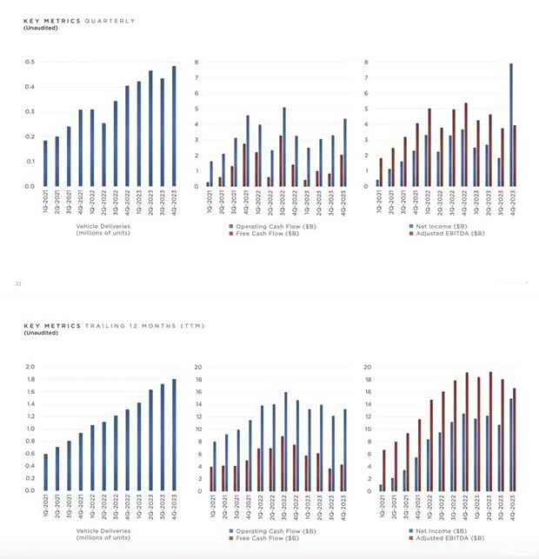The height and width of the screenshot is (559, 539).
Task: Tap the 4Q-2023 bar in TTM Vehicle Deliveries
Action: (x=173, y=435)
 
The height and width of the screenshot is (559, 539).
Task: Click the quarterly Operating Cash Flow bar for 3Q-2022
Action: (x=283, y=147)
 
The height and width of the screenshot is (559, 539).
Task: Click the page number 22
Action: (x=17, y=283)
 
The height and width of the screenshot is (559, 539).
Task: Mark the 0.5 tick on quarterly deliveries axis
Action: (x=30, y=62)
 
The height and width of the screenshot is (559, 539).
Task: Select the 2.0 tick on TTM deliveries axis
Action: (x=30, y=367)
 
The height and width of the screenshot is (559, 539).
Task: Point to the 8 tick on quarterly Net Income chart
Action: (x=368, y=62)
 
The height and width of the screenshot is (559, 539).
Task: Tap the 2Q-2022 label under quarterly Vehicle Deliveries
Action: (x=104, y=205)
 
